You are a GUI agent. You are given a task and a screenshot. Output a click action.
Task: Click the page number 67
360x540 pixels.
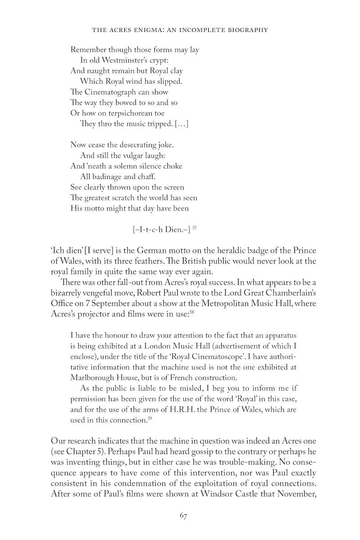183,516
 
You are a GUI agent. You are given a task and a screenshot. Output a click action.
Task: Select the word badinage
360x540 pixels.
112,176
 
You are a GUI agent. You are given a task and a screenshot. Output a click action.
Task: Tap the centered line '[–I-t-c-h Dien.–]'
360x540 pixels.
161,229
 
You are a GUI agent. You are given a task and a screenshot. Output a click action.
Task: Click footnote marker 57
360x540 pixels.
194,228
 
